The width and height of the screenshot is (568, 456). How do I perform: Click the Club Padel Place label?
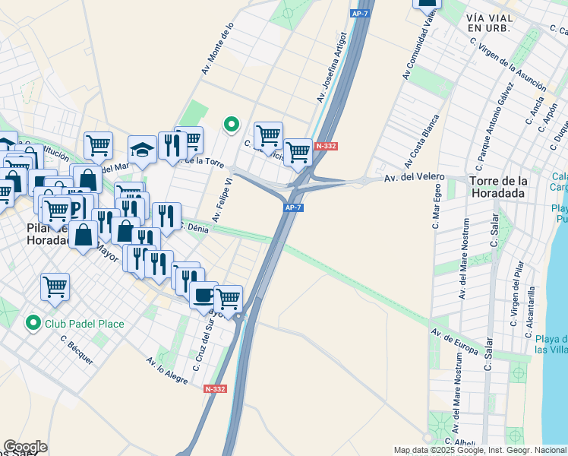84,324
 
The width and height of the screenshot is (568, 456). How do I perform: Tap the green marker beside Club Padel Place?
33,324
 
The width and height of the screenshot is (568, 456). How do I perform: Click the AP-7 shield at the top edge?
359,13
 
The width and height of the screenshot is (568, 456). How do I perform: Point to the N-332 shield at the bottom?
216,388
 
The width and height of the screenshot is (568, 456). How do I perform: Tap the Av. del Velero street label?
414,177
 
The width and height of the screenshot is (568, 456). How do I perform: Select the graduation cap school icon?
142,150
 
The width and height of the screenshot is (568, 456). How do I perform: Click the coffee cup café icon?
204,294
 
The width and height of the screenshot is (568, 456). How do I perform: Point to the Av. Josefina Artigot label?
332,67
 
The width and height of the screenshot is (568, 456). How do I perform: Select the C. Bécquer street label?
76,350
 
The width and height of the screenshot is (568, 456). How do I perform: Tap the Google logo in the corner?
25,447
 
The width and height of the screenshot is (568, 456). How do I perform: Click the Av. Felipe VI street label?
222,200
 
